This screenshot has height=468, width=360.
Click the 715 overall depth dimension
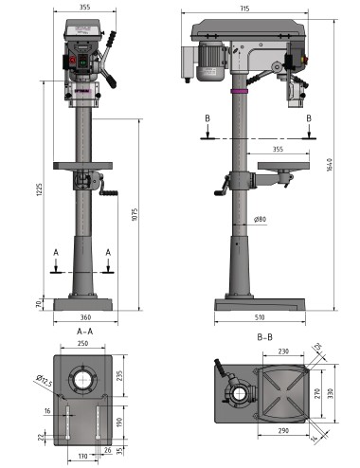(x=244, y=9)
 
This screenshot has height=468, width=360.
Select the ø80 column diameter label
(x=260, y=221)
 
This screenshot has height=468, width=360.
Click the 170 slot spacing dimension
(x=82, y=457)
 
